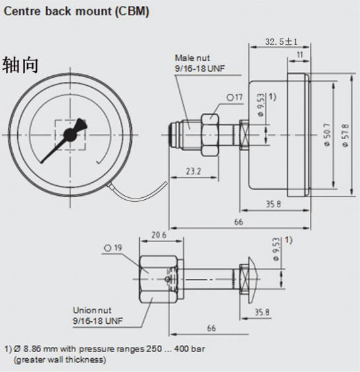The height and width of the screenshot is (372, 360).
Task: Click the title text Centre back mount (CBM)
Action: pos(76,12)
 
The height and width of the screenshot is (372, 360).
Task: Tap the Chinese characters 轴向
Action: pos(20,65)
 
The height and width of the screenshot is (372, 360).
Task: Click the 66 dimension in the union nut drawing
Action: pos(212,328)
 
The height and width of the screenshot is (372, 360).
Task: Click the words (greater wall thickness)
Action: pos(59,360)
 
